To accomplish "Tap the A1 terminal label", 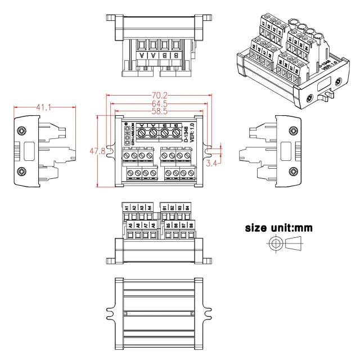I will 127,207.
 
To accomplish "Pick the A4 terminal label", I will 149,207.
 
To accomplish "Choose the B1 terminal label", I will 165,207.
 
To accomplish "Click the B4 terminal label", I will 187,207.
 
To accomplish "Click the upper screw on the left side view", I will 21,131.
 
